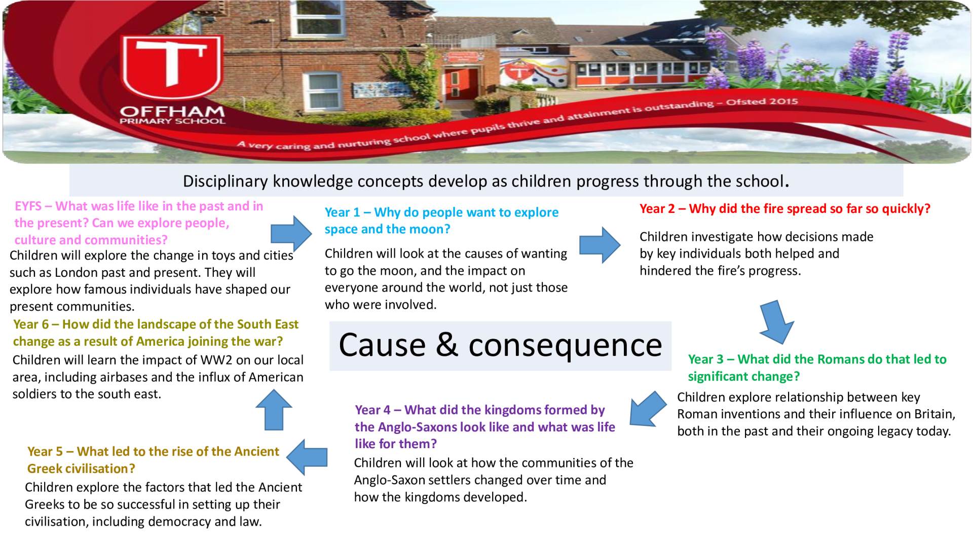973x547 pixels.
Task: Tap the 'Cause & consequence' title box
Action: (500, 346)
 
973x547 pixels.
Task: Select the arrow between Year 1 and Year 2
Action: (600, 245)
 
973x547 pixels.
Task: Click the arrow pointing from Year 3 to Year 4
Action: (648, 409)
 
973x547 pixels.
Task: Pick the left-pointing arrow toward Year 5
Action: (307, 457)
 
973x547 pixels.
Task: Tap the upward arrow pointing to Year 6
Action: (274, 410)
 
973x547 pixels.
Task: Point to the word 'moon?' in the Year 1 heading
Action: (431, 229)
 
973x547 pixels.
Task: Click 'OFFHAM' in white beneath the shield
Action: (172, 111)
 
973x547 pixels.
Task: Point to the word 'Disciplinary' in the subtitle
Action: (226, 181)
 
